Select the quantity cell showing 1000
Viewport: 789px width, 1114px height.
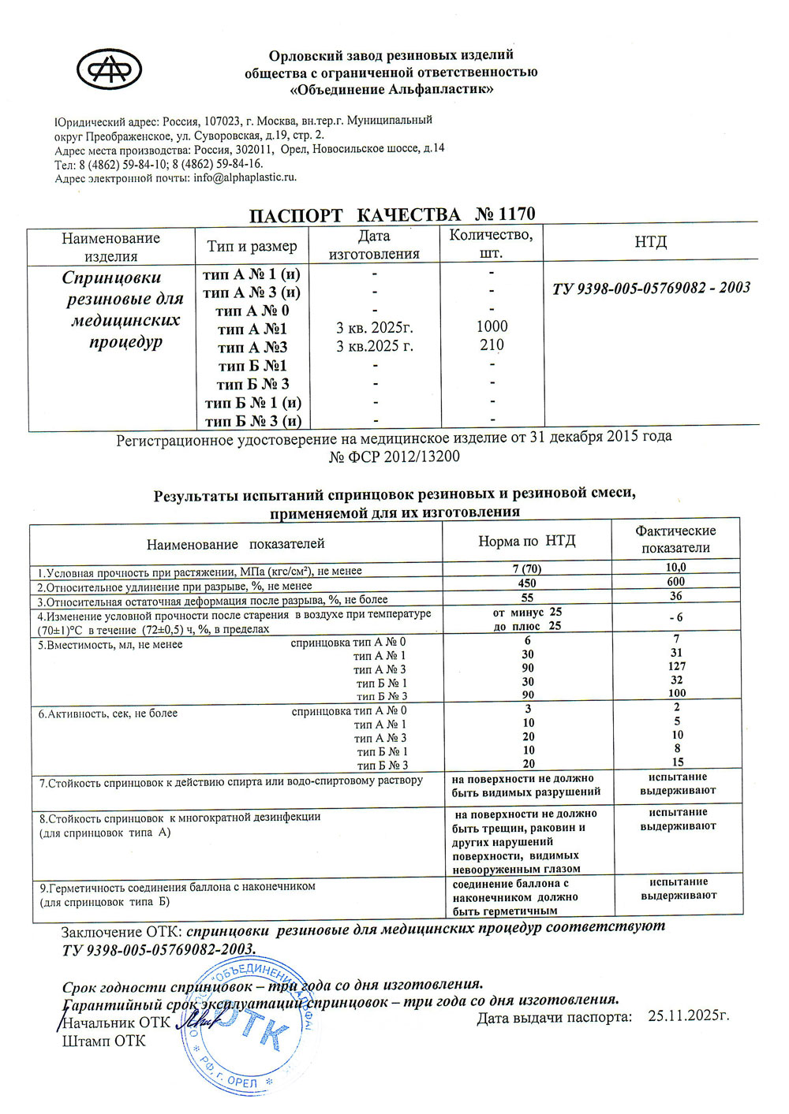492,326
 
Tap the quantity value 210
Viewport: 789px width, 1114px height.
492,345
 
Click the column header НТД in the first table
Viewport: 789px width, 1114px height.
650,242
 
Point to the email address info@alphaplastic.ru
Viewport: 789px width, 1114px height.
245,177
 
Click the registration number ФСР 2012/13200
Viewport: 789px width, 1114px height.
394,456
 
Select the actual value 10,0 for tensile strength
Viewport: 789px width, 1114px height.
676,567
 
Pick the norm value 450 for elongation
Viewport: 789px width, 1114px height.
527,583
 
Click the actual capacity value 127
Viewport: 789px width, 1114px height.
676,666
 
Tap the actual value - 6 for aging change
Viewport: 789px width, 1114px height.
676,617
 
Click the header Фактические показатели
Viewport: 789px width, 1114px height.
675,539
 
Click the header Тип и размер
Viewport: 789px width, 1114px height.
252,246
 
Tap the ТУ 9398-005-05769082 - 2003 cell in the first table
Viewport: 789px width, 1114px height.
651,288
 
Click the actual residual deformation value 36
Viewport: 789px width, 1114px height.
676,596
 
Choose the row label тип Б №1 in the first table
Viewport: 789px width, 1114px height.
252,366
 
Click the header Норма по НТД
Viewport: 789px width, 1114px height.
527,541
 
